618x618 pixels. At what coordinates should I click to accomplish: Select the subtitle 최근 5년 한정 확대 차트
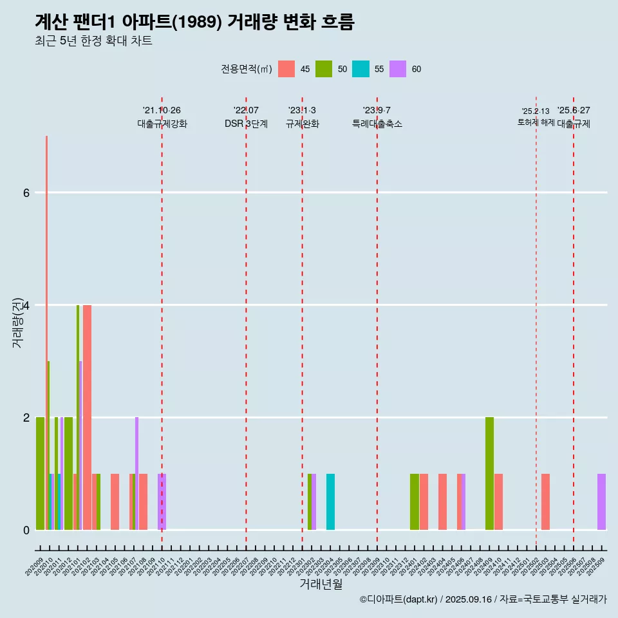click(x=94, y=41)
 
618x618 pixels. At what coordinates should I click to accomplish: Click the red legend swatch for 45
click(x=286, y=69)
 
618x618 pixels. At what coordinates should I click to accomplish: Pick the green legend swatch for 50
click(x=324, y=69)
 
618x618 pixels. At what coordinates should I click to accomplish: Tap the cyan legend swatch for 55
click(x=360, y=69)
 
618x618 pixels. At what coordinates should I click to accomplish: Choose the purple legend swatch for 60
click(x=398, y=69)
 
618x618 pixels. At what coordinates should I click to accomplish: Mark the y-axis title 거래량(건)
click(x=17, y=322)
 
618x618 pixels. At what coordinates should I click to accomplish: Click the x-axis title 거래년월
click(x=321, y=585)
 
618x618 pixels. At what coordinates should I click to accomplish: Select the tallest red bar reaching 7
click(x=46, y=322)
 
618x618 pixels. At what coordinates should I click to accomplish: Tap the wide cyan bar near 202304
click(x=330, y=501)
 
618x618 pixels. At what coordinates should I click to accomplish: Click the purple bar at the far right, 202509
click(x=601, y=501)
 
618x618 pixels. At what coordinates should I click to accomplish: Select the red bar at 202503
click(x=545, y=501)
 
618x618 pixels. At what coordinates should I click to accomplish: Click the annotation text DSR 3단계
click(x=246, y=124)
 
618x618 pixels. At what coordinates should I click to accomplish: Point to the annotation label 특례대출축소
click(x=377, y=124)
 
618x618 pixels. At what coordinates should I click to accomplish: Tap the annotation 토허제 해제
click(x=536, y=122)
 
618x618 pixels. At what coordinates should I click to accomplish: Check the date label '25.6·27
click(x=574, y=110)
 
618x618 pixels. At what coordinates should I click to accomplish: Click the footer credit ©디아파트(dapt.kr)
click(x=399, y=599)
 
